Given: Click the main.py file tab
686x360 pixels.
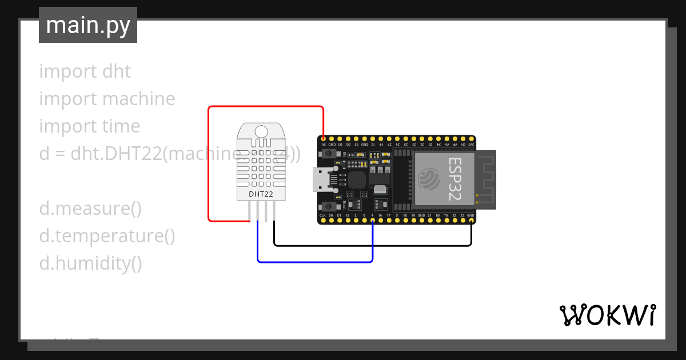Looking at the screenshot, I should (88, 25).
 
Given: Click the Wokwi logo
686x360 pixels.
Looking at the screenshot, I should (607, 315).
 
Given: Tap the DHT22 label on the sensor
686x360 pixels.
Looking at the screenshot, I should (261, 194).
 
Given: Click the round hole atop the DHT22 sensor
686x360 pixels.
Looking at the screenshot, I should (261, 132).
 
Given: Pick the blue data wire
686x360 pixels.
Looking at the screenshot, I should (314, 262).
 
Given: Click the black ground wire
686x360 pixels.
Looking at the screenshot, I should (372, 246).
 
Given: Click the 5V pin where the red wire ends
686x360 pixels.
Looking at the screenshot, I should (324, 139).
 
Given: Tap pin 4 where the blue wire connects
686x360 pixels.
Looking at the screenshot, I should (373, 220).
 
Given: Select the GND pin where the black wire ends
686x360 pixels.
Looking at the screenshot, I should (471, 220).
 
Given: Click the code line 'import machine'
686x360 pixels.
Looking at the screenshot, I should (107, 99).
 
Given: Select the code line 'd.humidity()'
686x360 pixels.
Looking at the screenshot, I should (90, 263).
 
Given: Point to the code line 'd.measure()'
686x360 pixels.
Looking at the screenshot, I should (90, 209).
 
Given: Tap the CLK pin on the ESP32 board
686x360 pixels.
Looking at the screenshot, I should (323, 220).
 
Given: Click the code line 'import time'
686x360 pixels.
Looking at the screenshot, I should (89, 126).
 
